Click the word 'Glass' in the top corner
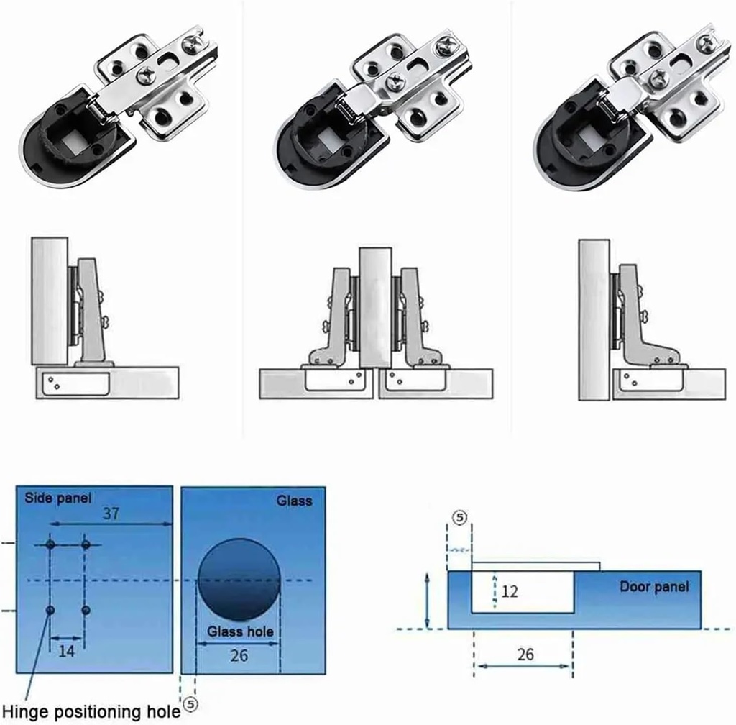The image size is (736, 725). (x=294, y=500)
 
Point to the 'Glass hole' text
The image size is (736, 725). (x=241, y=631)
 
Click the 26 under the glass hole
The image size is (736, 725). (x=239, y=654)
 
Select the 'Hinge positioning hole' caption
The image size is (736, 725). (x=90, y=711)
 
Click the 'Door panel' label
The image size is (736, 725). (x=654, y=586)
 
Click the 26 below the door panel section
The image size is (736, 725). (x=525, y=654)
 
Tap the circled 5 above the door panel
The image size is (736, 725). (x=459, y=516)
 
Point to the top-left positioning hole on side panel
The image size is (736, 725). (x=50, y=545)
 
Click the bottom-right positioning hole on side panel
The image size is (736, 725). (x=86, y=610)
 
